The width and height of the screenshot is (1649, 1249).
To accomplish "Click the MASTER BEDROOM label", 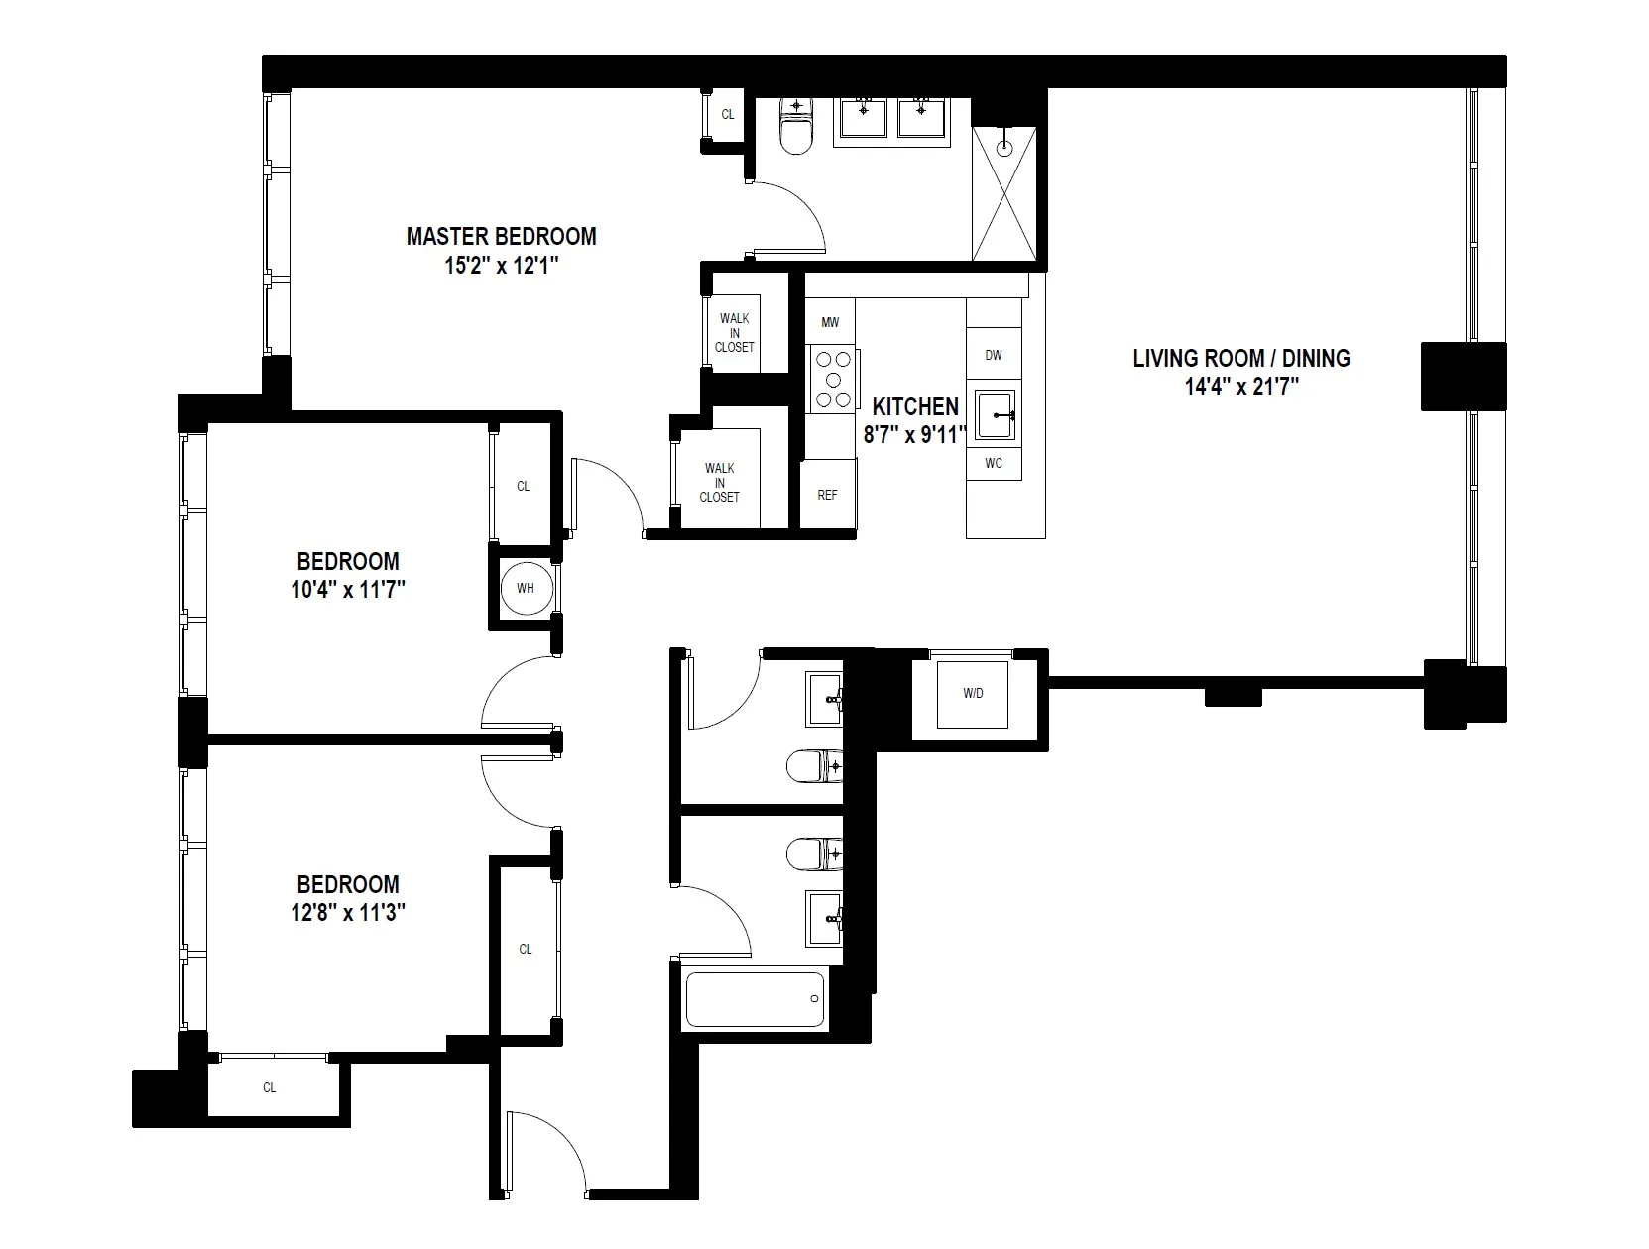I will (501, 237).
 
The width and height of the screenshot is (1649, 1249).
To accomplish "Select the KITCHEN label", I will (914, 406).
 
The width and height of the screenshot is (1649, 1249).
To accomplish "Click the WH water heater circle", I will (525, 588).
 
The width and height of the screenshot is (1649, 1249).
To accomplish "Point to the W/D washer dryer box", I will (973, 693).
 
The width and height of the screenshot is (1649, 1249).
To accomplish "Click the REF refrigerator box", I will (827, 494).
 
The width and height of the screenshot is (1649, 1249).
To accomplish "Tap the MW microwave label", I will (830, 322).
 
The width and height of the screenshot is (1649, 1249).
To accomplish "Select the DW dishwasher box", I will (994, 355).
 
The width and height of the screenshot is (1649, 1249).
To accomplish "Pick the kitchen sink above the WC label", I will (995, 415).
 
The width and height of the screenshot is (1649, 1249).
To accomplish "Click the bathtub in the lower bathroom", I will (755, 999).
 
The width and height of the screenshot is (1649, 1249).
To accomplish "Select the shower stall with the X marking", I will (1004, 194).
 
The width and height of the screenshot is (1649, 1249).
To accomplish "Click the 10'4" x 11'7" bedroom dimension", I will (347, 590).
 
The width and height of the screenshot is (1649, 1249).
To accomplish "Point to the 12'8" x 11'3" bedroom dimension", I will (347, 913).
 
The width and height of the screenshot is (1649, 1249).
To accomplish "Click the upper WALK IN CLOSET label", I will (734, 333).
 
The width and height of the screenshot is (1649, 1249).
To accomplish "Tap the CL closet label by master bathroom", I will (727, 114).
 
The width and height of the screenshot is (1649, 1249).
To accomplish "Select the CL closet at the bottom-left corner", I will (269, 1087).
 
